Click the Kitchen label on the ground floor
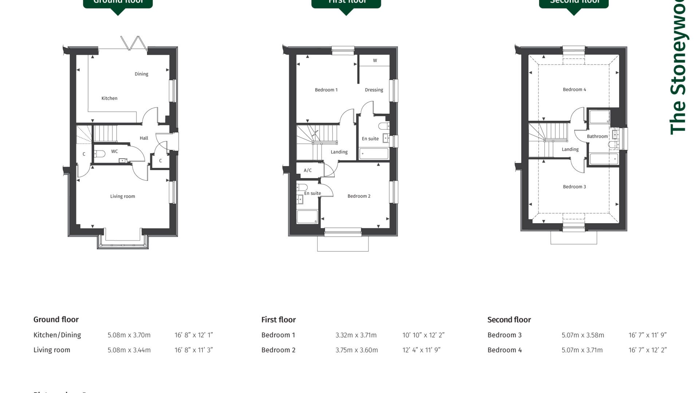tap(109, 98)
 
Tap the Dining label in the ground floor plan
tap(141, 74)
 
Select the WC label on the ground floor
tap(114, 151)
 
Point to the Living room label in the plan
tap(122, 196)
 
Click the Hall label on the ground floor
tap(144, 138)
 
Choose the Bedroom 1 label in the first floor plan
tap(326, 90)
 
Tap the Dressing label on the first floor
tap(374, 90)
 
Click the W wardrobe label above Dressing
tap(375, 60)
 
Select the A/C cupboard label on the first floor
tap(308, 170)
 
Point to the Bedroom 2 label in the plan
tap(359, 196)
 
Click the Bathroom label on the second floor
tap(597, 136)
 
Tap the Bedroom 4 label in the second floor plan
tap(574, 90)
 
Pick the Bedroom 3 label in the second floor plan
tap(574, 187)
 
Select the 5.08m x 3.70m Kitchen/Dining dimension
tap(129, 335)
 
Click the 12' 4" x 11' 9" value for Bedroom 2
tap(421, 350)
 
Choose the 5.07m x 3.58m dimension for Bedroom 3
tap(582, 335)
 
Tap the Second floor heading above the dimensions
tap(509, 320)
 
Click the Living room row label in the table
tap(52, 350)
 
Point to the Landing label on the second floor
tap(570, 149)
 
